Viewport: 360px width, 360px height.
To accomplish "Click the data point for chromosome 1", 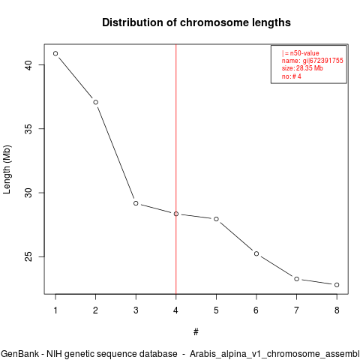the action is tap(55, 53).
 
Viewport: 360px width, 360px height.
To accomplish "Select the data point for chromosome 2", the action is tap(95, 102).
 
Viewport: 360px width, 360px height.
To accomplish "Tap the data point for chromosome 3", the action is tap(136, 203).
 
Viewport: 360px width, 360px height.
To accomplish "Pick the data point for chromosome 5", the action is tap(216, 219).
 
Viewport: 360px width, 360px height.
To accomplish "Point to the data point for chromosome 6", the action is tap(256, 253).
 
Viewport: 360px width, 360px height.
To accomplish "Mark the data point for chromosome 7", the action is tap(296, 279).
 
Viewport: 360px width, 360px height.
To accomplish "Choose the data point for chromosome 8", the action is tap(337, 285).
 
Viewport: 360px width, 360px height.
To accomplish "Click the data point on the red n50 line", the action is tap(176, 214).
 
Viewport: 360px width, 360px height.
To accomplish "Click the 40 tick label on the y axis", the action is tap(29, 64).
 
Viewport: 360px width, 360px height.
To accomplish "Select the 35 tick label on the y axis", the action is tap(29, 129).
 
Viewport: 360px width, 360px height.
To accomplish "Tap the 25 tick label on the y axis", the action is tap(29, 256).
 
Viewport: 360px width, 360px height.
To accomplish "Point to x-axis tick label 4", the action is tap(175, 310).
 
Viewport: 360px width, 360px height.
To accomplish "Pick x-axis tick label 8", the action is tap(337, 310).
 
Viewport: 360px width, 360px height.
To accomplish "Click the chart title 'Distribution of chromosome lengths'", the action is tap(196, 22).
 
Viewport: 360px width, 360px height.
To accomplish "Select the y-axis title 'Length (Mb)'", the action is tap(7, 169).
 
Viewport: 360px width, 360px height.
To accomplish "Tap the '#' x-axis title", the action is tap(196, 331).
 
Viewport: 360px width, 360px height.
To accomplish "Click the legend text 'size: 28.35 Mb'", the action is tap(302, 68).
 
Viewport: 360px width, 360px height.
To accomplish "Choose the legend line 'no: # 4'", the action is tap(292, 76).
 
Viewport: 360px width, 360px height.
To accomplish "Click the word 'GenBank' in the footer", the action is tap(19, 354).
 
